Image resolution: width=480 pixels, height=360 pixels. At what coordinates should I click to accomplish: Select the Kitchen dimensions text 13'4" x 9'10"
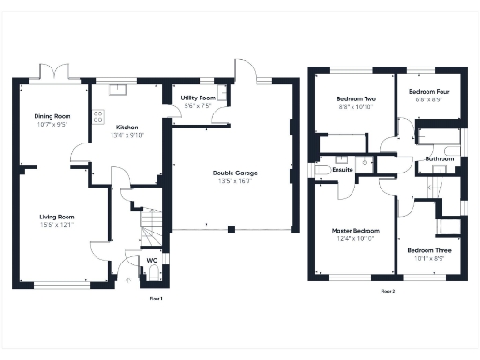coord(128,134)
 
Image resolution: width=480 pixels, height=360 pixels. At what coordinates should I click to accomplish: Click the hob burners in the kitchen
coord(97,117)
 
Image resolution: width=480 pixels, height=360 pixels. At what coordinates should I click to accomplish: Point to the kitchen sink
coord(120,90)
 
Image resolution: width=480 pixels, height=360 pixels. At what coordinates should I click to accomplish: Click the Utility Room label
coord(198,97)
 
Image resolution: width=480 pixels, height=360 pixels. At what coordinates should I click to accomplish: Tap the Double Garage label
coord(235,172)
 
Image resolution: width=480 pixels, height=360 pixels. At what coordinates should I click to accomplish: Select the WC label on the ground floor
coord(151,260)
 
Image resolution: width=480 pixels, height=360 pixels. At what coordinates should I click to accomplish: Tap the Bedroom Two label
coord(357,98)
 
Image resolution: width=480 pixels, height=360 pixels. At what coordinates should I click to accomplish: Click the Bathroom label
coord(439,159)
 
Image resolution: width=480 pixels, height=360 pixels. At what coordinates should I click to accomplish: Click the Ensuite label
coord(341,170)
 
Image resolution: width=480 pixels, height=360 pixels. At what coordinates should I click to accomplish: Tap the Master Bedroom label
coord(355,230)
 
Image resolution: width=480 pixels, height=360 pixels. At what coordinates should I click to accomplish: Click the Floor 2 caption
coord(388,292)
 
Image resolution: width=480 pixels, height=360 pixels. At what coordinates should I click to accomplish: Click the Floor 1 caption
coord(157,298)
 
